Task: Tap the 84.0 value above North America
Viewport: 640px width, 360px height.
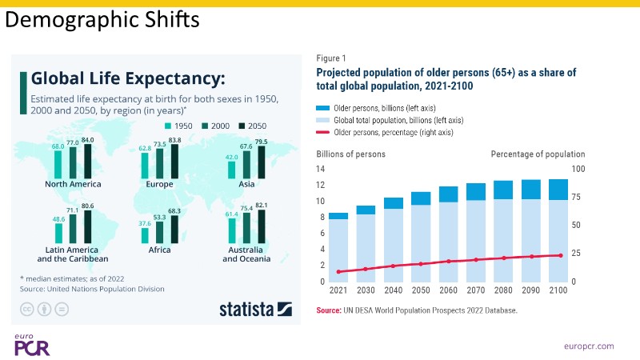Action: [87, 140]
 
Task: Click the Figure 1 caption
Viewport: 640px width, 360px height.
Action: [331, 58]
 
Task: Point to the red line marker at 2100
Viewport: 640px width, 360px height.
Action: [560, 255]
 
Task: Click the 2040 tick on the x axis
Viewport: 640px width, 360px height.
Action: [393, 291]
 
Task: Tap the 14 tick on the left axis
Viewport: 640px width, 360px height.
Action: [321, 169]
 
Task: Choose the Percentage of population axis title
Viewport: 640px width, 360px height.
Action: [538, 154]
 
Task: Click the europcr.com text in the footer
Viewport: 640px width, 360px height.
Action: [587, 346]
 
